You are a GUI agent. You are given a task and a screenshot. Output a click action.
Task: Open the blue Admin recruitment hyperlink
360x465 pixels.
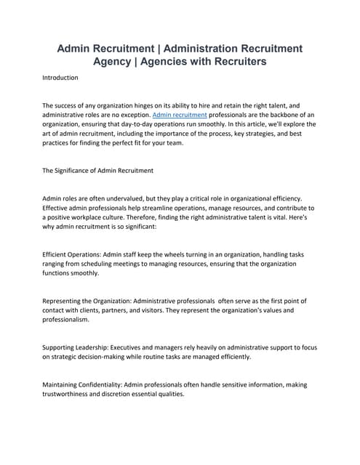(x=180, y=115)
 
